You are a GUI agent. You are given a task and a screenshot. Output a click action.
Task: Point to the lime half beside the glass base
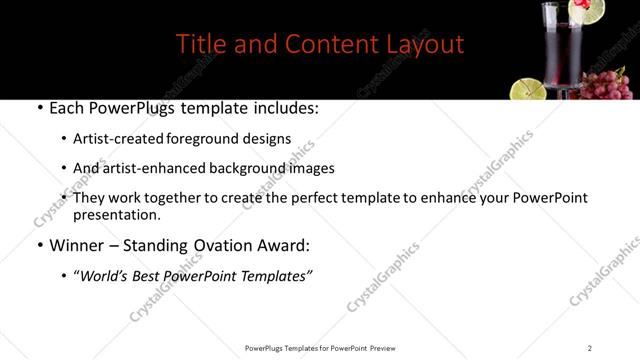(x=526, y=89)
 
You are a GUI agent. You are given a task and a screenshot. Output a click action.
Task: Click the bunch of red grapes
(x=605, y=84)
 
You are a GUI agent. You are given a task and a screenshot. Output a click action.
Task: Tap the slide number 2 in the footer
(x=590, y=348)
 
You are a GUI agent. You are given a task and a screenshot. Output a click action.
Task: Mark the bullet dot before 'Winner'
(x=39, y=245)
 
